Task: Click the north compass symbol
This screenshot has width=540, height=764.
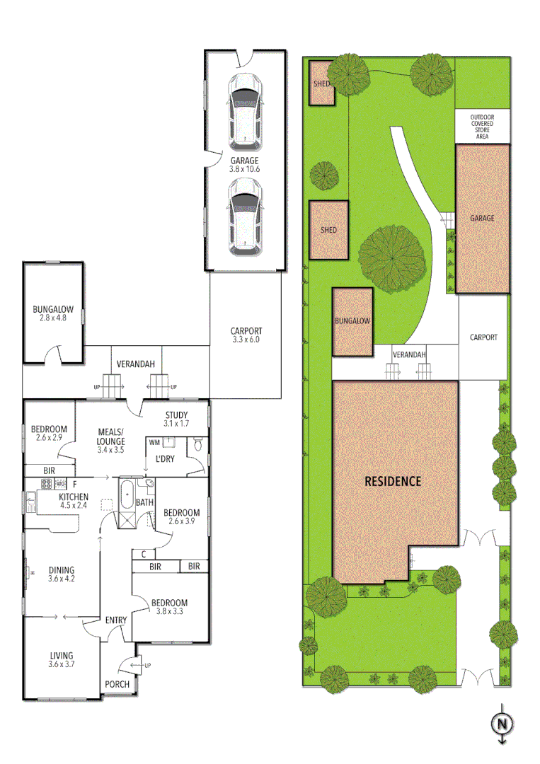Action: [x=502, y=724]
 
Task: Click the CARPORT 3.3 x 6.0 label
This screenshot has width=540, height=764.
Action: [x=246, y=335]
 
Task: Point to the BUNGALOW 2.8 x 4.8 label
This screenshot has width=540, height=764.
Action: [x=53, y=313]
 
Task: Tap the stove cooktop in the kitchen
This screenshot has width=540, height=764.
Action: [x=47, y=485]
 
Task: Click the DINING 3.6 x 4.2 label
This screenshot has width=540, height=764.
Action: [x=61, y=574]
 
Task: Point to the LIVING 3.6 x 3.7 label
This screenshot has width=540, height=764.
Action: [x=61, y=659]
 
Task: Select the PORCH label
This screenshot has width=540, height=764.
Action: [x=117, y=684]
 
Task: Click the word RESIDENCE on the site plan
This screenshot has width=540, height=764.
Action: [x=393, y=481]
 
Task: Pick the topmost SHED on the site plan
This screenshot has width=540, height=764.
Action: [x=323, y=84]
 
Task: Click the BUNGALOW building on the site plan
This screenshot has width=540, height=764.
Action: [x=353, y=322]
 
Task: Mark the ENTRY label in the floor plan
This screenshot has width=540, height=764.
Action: [x=116, y=620]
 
